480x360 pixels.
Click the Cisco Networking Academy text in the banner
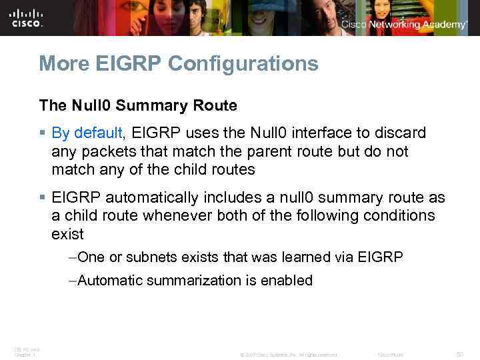tap(405, 25)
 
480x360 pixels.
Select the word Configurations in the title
tap(243, 65)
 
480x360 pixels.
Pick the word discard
tap(400, 133)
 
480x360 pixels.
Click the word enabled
tap(287, 281)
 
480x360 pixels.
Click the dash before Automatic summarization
tap(72, 281)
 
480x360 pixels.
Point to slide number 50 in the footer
tap(459, 355)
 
